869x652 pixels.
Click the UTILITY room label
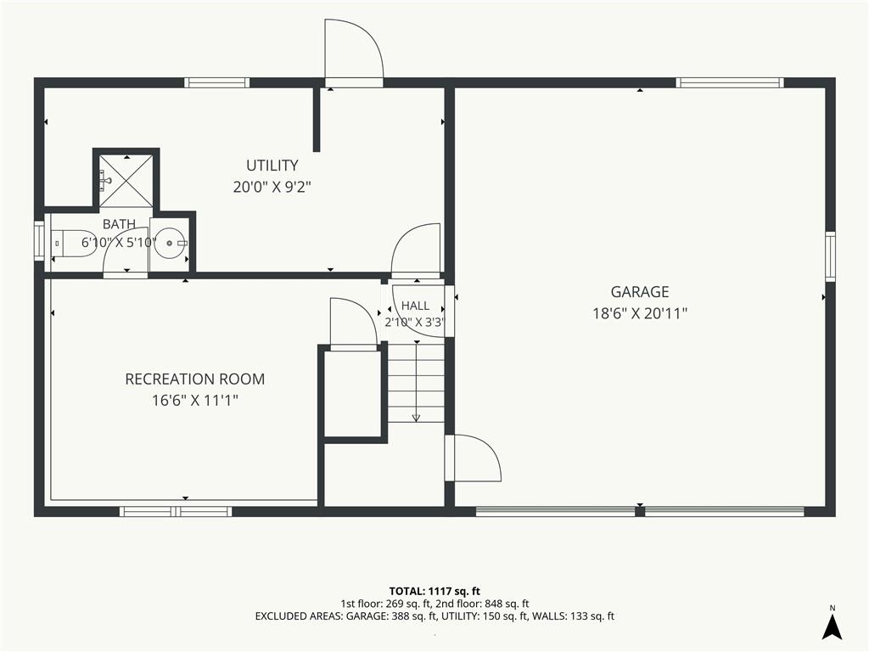[272, 166]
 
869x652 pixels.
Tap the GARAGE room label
[640, 292]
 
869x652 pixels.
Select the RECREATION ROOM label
[195, 379]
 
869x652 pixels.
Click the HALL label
[415, 306]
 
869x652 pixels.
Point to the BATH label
[119, 224]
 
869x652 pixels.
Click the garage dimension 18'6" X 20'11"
[640, 313]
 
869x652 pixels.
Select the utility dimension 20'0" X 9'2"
[272, 187]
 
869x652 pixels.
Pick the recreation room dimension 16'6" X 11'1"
[195, 401]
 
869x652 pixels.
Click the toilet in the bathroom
[75, 243]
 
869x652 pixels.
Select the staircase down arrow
[416, 382]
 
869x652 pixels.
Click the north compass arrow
[832, 627]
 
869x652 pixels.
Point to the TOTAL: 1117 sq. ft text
[434, 591]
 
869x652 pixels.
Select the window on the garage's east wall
[830, 256]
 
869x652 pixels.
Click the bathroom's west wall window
[39, 240]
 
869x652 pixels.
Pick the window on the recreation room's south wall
[176, 511]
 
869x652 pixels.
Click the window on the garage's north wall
[730, 82]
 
